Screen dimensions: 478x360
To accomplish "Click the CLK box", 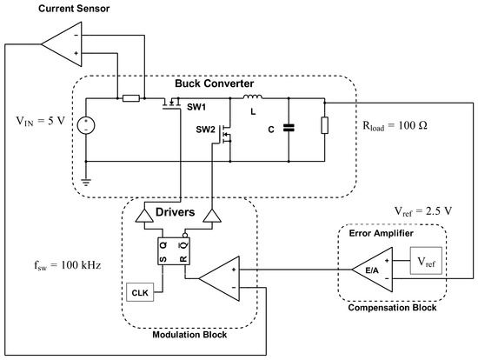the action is click(140, 292).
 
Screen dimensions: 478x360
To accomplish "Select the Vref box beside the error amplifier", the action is click(426, 261).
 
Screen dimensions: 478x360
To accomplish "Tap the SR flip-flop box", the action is click(174, 251).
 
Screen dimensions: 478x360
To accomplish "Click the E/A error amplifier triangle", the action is click(372, 270).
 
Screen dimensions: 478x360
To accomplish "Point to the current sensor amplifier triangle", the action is click(62, 44).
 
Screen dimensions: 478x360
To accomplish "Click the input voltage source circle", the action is click(86, 125).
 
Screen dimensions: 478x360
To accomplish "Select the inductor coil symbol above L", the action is click(252, 97).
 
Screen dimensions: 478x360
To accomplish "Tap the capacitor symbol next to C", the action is click(289, 128).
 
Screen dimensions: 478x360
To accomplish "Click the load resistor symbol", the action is click(325, 125).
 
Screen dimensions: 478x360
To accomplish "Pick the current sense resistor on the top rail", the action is click(131, 98).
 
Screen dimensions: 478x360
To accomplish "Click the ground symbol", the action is click(86, 183).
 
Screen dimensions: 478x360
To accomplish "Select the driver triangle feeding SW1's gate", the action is click(144, 216).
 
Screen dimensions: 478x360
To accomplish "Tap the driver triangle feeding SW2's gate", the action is click(212, 216).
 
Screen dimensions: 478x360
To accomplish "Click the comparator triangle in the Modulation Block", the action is click(219, 278).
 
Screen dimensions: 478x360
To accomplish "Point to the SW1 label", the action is click(196, 107).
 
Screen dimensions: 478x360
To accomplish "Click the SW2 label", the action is click(205, 130).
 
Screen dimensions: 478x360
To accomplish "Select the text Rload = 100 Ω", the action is click(395, 126).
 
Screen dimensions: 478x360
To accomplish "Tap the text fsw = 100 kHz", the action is click(68, 265).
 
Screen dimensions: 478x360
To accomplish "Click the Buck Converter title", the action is click(215, 83).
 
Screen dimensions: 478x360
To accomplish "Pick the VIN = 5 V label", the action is click(41, 121).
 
